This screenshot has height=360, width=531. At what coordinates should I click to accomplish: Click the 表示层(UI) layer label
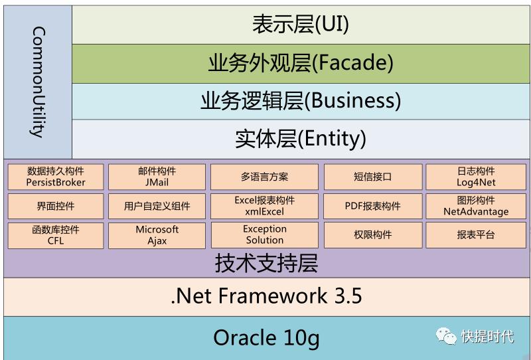click(x=300, y=25)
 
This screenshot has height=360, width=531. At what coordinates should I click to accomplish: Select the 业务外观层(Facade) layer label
click(x=300, y=63)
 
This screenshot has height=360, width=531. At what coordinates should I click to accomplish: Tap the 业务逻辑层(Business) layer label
click(x=300, y=101)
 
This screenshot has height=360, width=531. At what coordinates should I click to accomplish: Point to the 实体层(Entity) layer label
click(x=300, y=139)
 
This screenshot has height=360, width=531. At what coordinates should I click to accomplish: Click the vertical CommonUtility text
click(x=38, y=81)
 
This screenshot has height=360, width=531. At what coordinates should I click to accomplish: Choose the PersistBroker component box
click(x=56, y=177)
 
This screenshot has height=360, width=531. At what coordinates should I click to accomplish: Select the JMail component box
click(x=157, y=177)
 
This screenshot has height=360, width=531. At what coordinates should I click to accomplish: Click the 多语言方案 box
click(x=264, y=177)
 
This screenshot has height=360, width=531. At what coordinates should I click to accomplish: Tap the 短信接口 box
click(x=372, y=177)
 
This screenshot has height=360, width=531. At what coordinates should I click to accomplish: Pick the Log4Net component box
click(x=476, y=177)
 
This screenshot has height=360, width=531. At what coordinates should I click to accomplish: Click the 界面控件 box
click(x=56, y=206)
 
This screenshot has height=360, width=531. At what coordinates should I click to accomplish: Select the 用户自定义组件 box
click(x=157, y=206)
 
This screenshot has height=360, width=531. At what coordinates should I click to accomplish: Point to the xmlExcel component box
click(x=264, y=206)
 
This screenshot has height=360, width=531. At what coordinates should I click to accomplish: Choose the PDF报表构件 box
click(x=372, y=206)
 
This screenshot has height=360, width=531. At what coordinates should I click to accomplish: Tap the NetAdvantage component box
click(x=476, y=206)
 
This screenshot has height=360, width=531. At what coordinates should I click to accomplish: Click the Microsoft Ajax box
click(x=157, y=235)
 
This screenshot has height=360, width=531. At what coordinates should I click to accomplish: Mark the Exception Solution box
click(x=264, y=235)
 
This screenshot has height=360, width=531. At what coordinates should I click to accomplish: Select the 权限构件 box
click(x=372, y=235)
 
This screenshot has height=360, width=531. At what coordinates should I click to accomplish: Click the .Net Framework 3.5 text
click(x=266, y=296)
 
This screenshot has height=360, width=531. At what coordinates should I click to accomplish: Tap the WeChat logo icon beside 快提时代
click(x=445, y=336)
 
